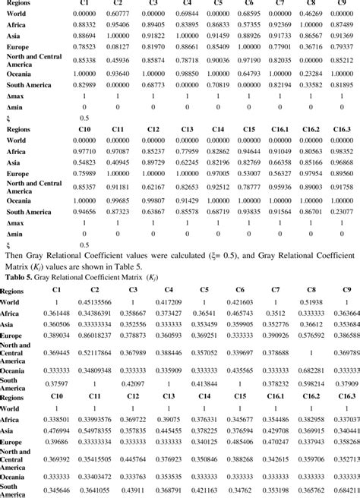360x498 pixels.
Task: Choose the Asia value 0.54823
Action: coord(75,162)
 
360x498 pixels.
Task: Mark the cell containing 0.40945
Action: coord(113,162)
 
